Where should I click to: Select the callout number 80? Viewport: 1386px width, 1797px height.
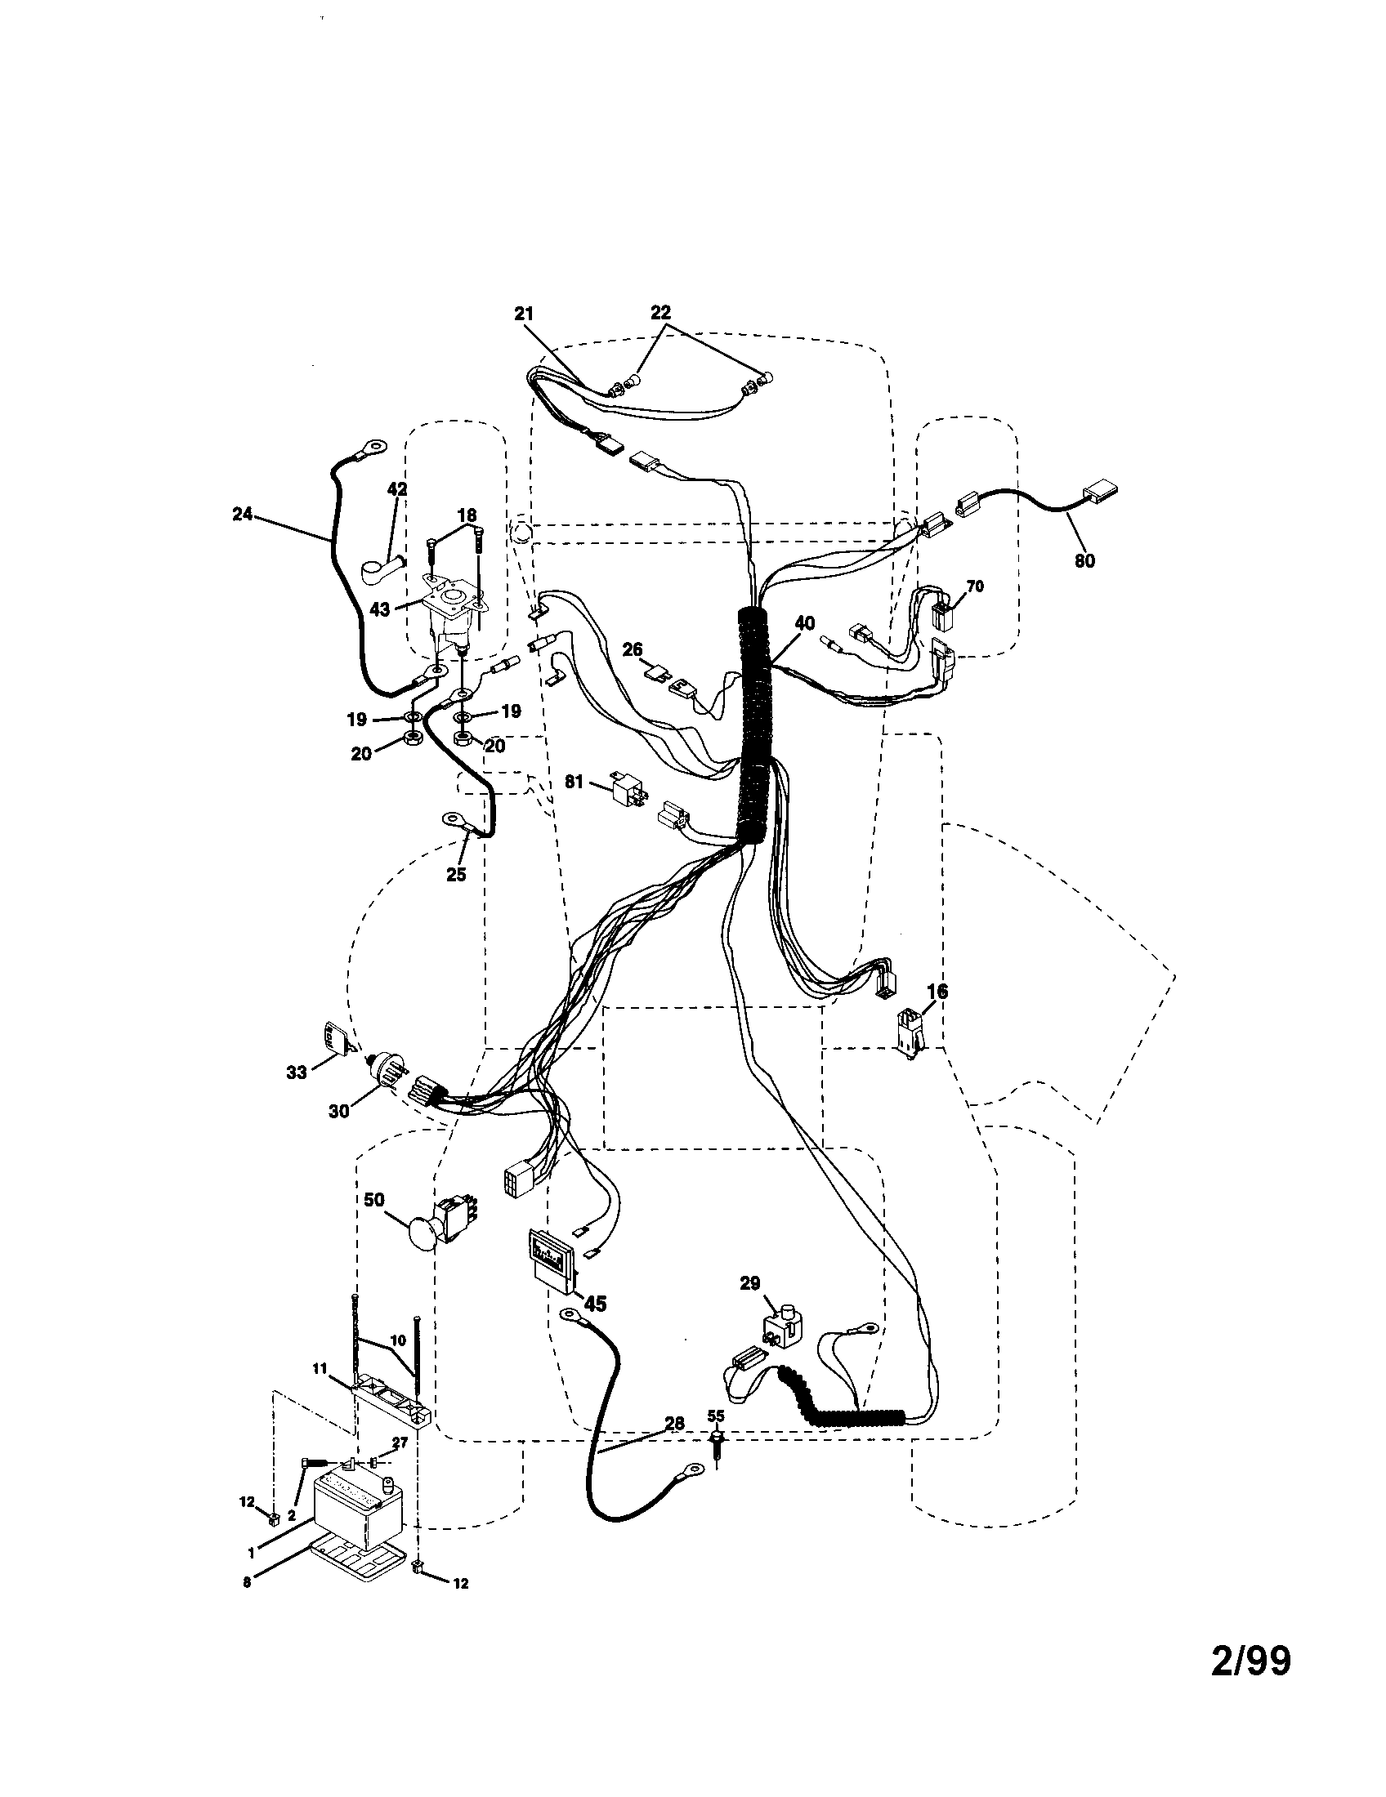coord(1084,561)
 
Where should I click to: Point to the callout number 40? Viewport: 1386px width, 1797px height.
coord(806,623)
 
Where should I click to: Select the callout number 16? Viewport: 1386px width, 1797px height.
coord(937,992)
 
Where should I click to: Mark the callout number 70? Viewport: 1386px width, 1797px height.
coord(975,586)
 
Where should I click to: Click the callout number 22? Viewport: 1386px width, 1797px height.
coord(660,313)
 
